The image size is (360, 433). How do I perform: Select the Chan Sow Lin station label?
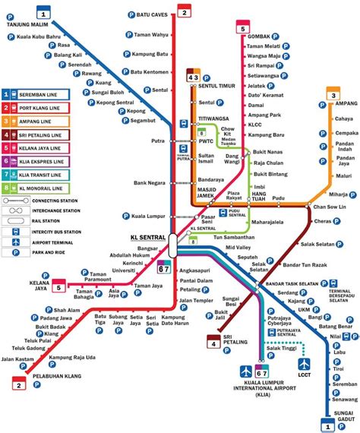[x=333, y=206]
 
